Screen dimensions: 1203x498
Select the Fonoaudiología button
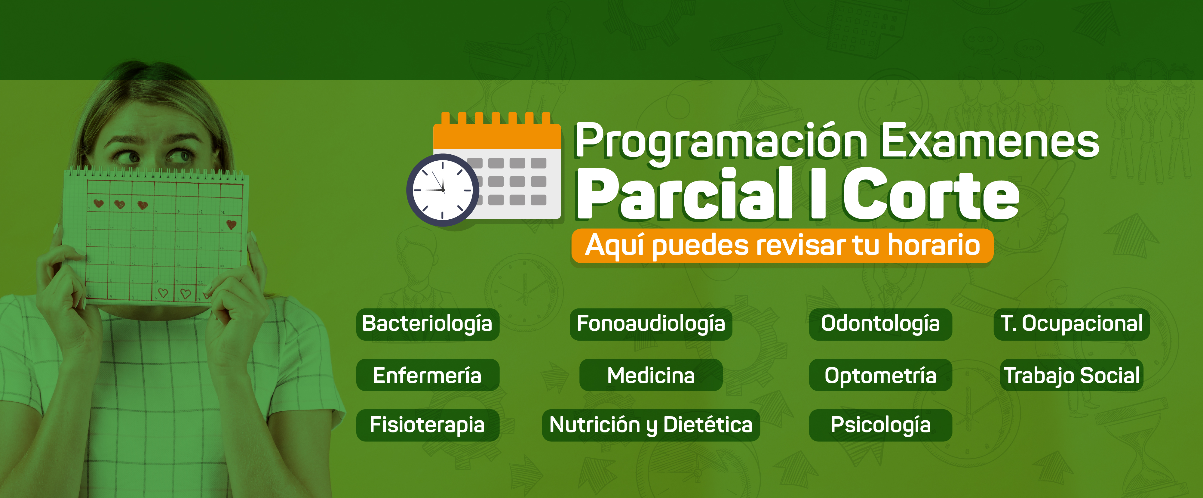(x=651, y=324)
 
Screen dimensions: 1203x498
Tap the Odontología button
(x=880, y=324)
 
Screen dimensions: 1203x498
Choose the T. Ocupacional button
(x=1071, y=324)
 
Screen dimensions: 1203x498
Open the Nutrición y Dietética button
(x=651, y=425)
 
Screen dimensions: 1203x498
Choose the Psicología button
(x=880, y=425)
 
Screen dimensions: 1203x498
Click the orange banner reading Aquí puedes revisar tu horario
(x=782, y=246)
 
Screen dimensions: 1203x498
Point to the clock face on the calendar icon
(x=442, y=190)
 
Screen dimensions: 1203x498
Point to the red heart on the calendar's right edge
(x=231, y=225)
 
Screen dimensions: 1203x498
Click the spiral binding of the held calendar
(x=156, y=173)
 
